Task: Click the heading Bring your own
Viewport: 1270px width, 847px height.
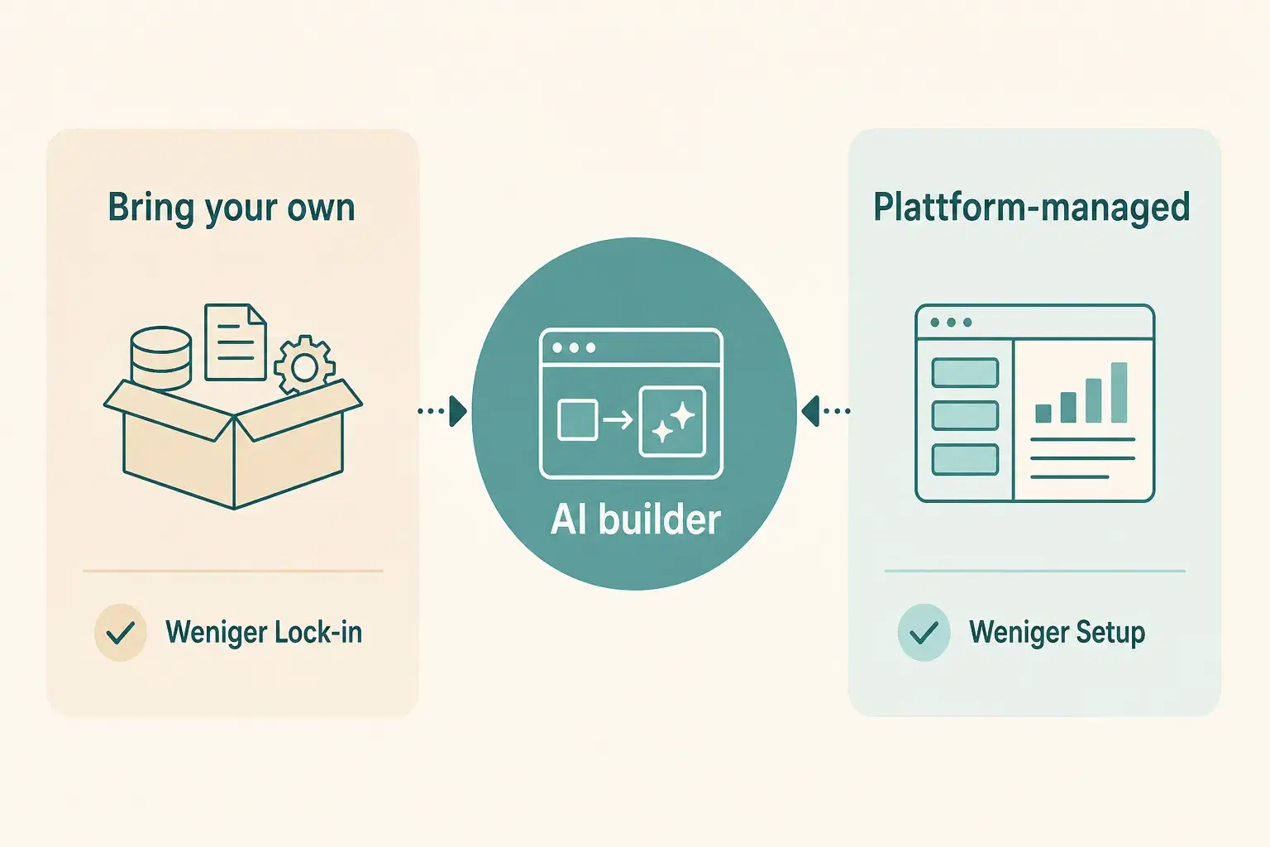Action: (x=232, y=208)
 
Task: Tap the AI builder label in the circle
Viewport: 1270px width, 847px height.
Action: (x=636, y=519)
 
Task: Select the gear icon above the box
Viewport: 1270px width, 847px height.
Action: (x=304, y=366)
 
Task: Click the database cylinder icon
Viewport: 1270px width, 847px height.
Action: (x=161, y=358)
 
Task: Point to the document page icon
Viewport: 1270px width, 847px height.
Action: (x=236, y=342)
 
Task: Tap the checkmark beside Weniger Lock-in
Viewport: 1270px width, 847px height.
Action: (x=121, y=632)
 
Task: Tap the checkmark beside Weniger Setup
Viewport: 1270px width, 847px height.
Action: (x=924, y=632)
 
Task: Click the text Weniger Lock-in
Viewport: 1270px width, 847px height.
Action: (x=264, y=632)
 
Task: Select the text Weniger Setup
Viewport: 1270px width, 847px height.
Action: (x=1058, y=633)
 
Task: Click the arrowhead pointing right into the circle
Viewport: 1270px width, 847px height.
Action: (x=458, y=411)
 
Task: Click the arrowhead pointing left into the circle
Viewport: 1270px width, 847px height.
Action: (x=810, y=411)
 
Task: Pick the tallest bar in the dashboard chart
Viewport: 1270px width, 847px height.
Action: (x=1119, y=393)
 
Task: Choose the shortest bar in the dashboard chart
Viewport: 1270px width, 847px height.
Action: (x=1043, y=414)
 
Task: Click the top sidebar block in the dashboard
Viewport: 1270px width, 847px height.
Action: (x=965, y=373)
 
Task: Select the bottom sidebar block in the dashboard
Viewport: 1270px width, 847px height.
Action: (x=965, y=460)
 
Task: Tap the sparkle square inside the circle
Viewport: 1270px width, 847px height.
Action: (x=672, y=422)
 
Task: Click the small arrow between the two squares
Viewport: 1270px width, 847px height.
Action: (x=618, y=420)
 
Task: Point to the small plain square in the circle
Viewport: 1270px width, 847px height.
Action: (x=578, y=420)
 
